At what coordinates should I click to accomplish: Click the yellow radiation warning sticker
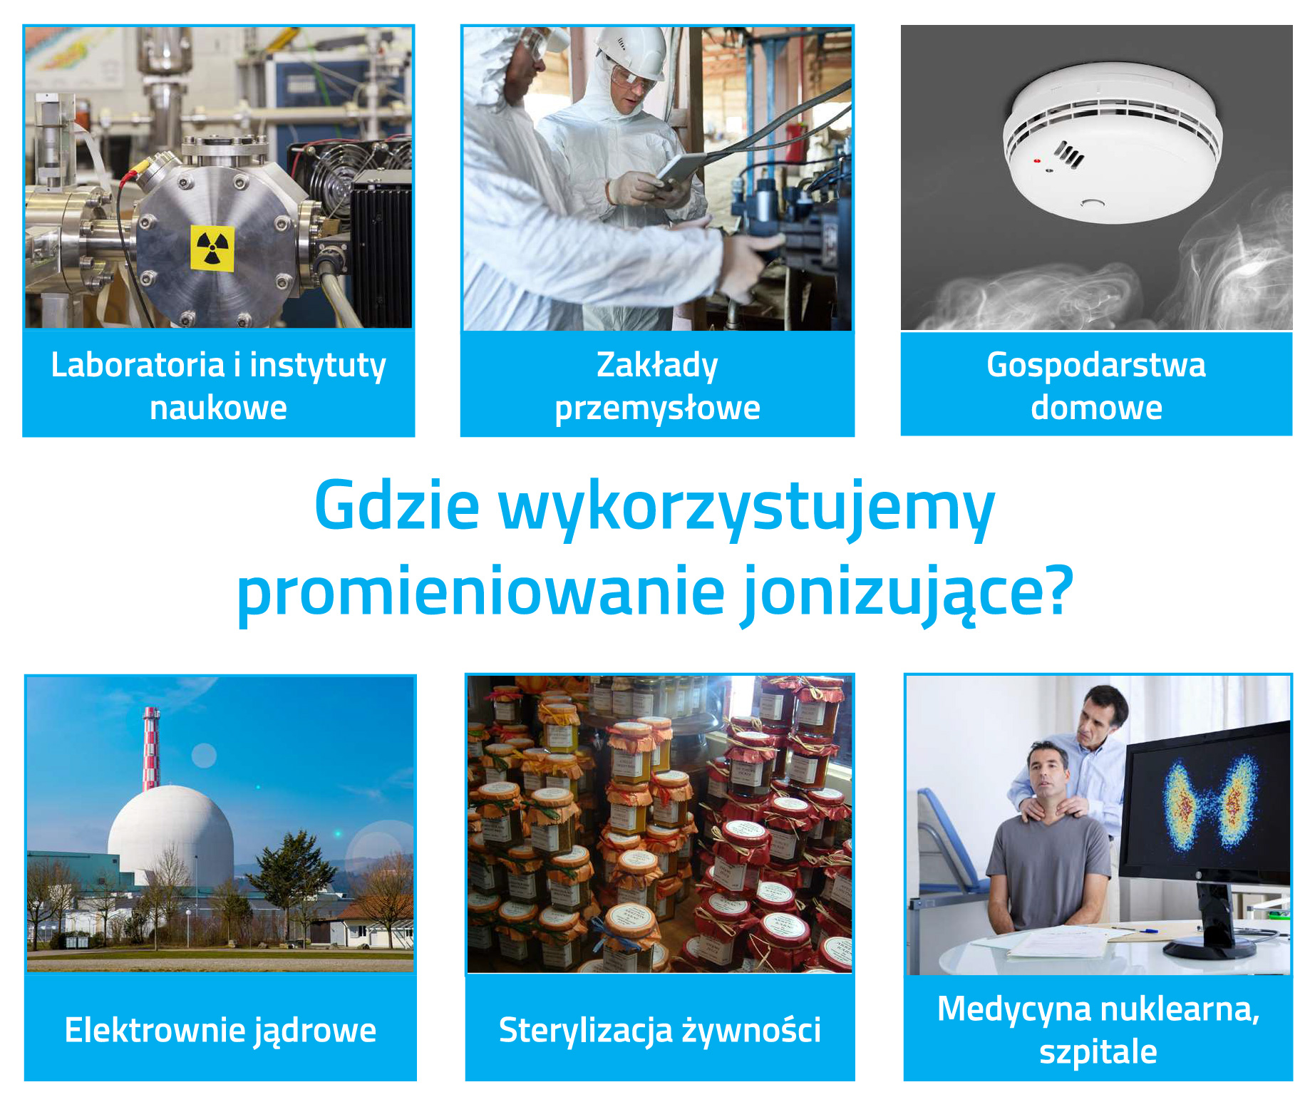[x=212, y=248]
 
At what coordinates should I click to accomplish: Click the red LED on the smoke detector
[x=1036, y=161]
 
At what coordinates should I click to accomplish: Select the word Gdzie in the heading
[x=397, y=506]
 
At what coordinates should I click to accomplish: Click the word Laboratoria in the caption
[x=138, y=365]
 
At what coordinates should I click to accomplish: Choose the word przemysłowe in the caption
[x=657, y=408]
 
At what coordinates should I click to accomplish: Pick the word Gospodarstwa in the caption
[x=1096, y=365]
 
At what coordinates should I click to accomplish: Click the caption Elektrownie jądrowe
[x=220, y=1030]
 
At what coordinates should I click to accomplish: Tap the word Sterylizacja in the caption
[x=585, y=1031]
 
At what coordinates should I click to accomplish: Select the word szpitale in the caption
[x=1098, y=1052]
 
